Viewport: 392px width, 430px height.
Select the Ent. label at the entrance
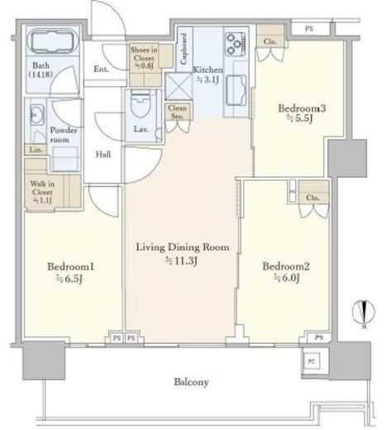pos(103,69)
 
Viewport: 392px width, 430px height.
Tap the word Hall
pos(104,154)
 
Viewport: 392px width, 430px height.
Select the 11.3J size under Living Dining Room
pos(182,261)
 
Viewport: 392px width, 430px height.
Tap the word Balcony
pos(190,381)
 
